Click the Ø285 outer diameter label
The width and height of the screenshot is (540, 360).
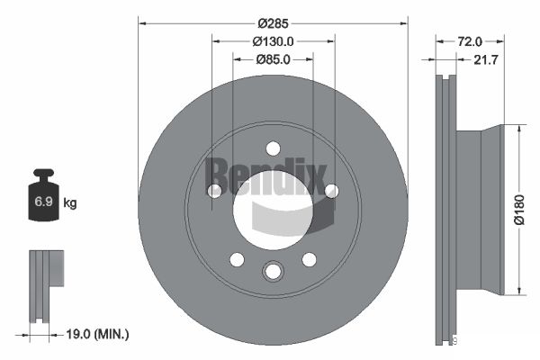pyautogui.click(x=273, y=23)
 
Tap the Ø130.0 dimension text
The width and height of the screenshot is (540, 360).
pyautogui.click(x=273, y=41)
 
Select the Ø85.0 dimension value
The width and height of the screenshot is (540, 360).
pyautogui.click(x=273, y=59)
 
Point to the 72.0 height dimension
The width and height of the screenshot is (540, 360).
pyautogui.click(x=470, y=41)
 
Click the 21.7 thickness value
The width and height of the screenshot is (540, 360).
pyautogui.click(x=486, y=59)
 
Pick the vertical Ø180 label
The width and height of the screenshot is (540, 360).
pyautogui.click(x=519, y=210)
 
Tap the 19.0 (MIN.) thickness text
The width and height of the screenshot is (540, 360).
pyautogui.click(x=97, y=334)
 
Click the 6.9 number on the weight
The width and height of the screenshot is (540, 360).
pyautogui.click(x=43, y=202)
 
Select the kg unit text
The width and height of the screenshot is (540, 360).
pyautogui.click(x=70, y=202)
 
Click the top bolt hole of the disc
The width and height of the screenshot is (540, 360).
pyautogui.click(x=273, y=148)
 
